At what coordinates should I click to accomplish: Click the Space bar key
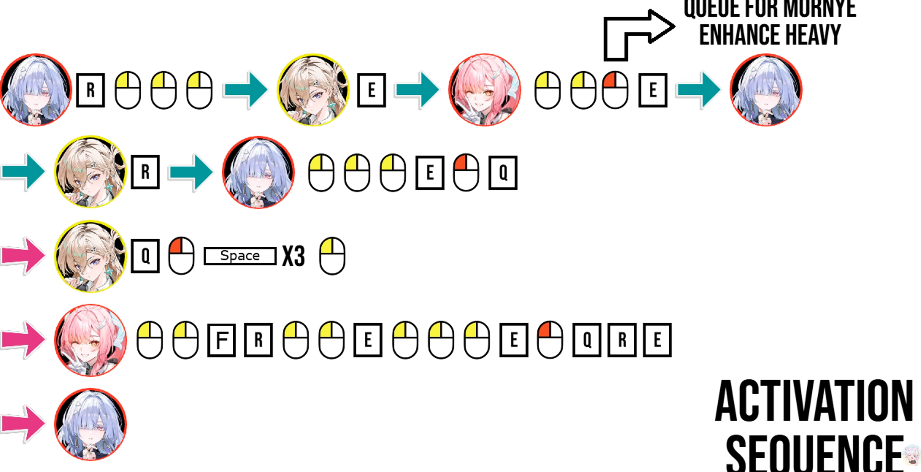[x=240, y=255]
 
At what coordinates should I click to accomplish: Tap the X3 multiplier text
[x=293, y=256]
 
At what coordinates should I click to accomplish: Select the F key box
[x=222, y=340]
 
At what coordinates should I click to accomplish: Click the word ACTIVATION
[x=814, y=401]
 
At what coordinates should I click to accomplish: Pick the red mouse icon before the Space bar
[x=181, y=255]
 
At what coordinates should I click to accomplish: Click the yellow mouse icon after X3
[x=332, y=255]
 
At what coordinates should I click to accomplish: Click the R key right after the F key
[x=258, y=340]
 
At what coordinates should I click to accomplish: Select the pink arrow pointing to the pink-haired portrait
[x=23, y=339]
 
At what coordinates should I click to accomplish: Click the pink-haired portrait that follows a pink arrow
[x=91, y=340]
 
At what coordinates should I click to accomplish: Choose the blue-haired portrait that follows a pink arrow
[x=91, y=424]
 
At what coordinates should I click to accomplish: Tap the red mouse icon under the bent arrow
[x=615, y=89]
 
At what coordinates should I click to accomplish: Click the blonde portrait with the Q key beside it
[x=91, y=256]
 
